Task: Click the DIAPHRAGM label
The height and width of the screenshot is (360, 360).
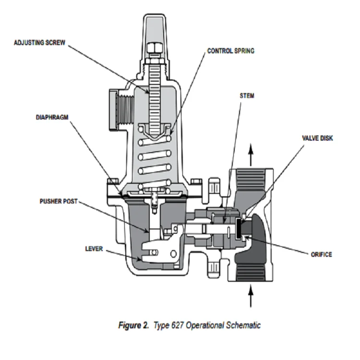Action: pos(50,117)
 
